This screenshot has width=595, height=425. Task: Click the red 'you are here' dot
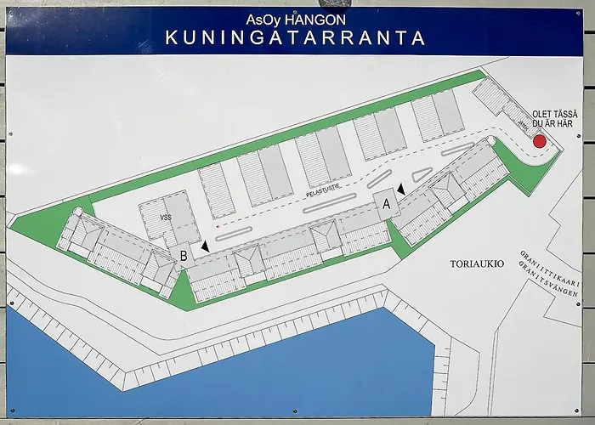point(539,141)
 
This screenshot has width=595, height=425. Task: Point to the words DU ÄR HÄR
point(552,124)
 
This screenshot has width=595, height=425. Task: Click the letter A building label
point(386,204)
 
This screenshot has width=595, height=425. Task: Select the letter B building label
point(183,254)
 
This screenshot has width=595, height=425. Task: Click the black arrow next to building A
point(400,190)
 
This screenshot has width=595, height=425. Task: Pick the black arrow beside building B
point(204,246)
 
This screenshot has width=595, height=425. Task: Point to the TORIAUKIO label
point(477,264)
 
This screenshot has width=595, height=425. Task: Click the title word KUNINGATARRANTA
point(295,37)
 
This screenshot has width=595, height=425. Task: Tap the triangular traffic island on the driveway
point(421,175)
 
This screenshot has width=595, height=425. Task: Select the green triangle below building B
point(181,289)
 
